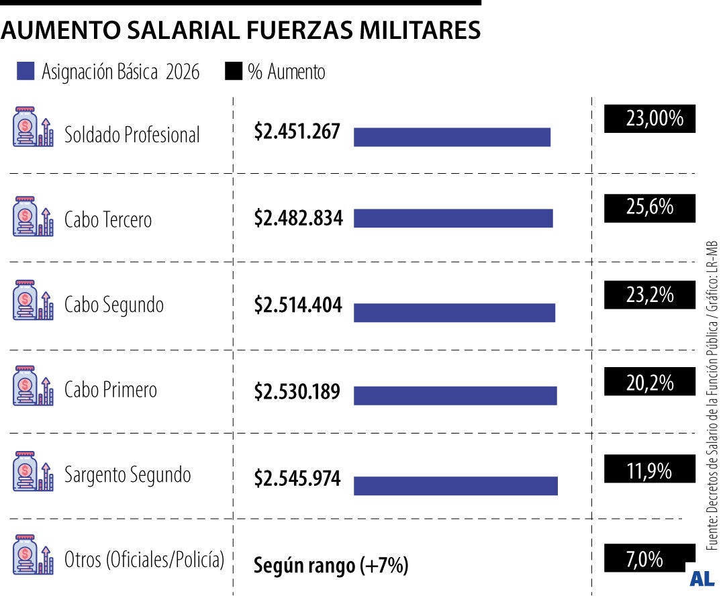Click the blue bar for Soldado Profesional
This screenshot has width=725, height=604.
coord(452,137)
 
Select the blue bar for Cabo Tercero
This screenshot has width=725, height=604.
coord(453,218)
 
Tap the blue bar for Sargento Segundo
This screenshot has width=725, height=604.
coord(455,485)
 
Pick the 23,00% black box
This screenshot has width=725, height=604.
coord(650,119)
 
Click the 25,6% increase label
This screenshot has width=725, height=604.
coord(650,207)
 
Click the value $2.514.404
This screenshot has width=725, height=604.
coord(298,305)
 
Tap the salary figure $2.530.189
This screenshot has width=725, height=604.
coord(297,391)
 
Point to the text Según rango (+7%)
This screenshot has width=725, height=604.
coord(331,566)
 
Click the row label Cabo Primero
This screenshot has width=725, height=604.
coord(111,390)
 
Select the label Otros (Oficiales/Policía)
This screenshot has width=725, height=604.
coord(144,559)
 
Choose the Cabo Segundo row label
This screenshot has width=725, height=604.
coord(114,305)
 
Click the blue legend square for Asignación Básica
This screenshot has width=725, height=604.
coord(26,72)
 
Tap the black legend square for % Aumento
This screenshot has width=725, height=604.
coord(234,72)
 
